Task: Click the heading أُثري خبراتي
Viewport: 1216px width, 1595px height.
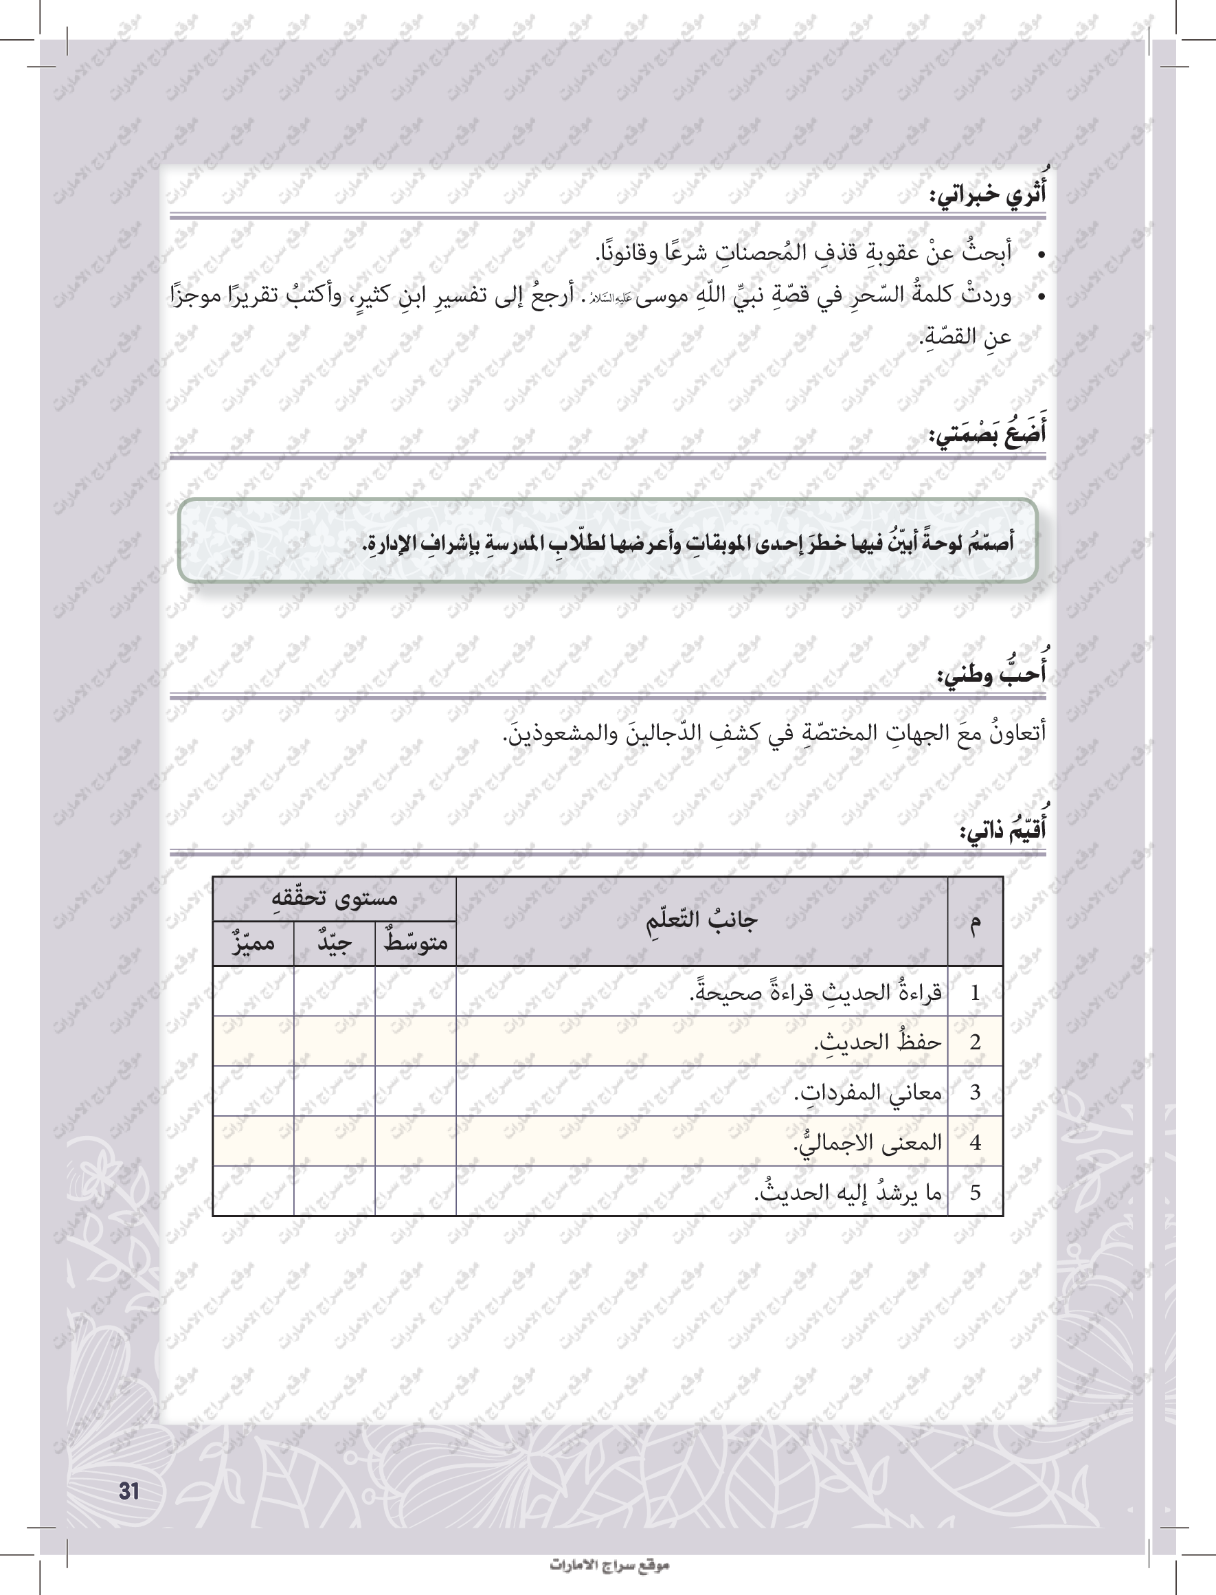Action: pos(987,194)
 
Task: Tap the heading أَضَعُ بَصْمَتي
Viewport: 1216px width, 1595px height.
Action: pos(987,435)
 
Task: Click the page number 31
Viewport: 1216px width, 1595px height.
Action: pos(129,1491)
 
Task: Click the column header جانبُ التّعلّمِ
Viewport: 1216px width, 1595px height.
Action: pos(701,920)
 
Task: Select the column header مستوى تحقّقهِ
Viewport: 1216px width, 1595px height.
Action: pos(334,898)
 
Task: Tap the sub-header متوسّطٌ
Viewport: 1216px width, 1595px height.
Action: pos(416,943)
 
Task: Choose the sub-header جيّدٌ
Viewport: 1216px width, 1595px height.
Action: pos(335,943)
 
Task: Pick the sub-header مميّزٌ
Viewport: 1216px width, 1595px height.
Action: pos(254,943)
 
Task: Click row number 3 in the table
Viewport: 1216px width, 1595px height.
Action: pos(975,1092)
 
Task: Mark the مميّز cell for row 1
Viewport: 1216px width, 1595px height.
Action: pos(254,991)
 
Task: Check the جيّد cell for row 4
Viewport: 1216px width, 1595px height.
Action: pos(335,1141)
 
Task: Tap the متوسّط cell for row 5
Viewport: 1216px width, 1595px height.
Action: pos(416,1192)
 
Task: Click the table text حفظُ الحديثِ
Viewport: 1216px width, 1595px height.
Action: pos(877,1042)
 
